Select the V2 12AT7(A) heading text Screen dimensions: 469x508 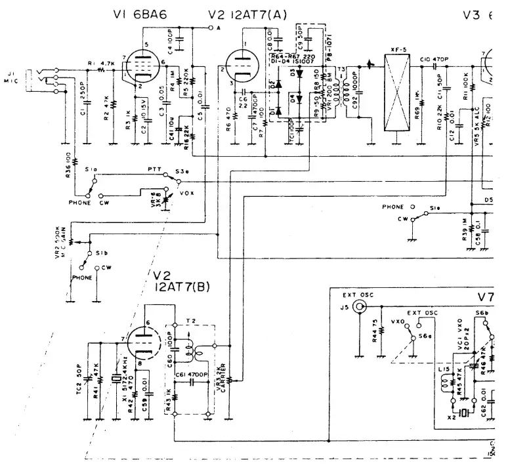point(247,14)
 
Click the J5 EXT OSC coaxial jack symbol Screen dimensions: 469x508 point(358,306)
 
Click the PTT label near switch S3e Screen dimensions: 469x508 point(154,169)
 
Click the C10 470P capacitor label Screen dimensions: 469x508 point(434,59)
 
